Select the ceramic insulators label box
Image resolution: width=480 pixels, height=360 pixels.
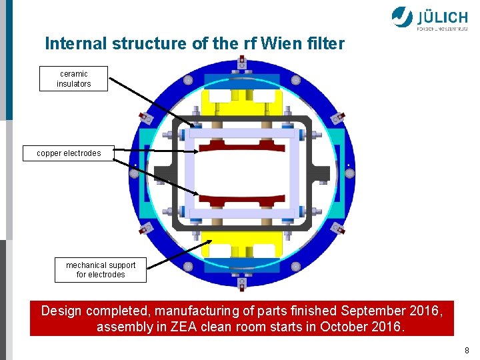pos(73,79)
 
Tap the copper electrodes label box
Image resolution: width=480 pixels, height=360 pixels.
pos(69,153)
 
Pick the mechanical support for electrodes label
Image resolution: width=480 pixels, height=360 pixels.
pos(100,269)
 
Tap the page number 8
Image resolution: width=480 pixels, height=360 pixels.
pos(467,350)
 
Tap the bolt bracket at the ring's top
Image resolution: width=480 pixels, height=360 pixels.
pos(241,66)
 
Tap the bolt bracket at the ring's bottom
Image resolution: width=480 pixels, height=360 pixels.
pos(241,283)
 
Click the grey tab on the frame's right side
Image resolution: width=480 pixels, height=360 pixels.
pos(323,174)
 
